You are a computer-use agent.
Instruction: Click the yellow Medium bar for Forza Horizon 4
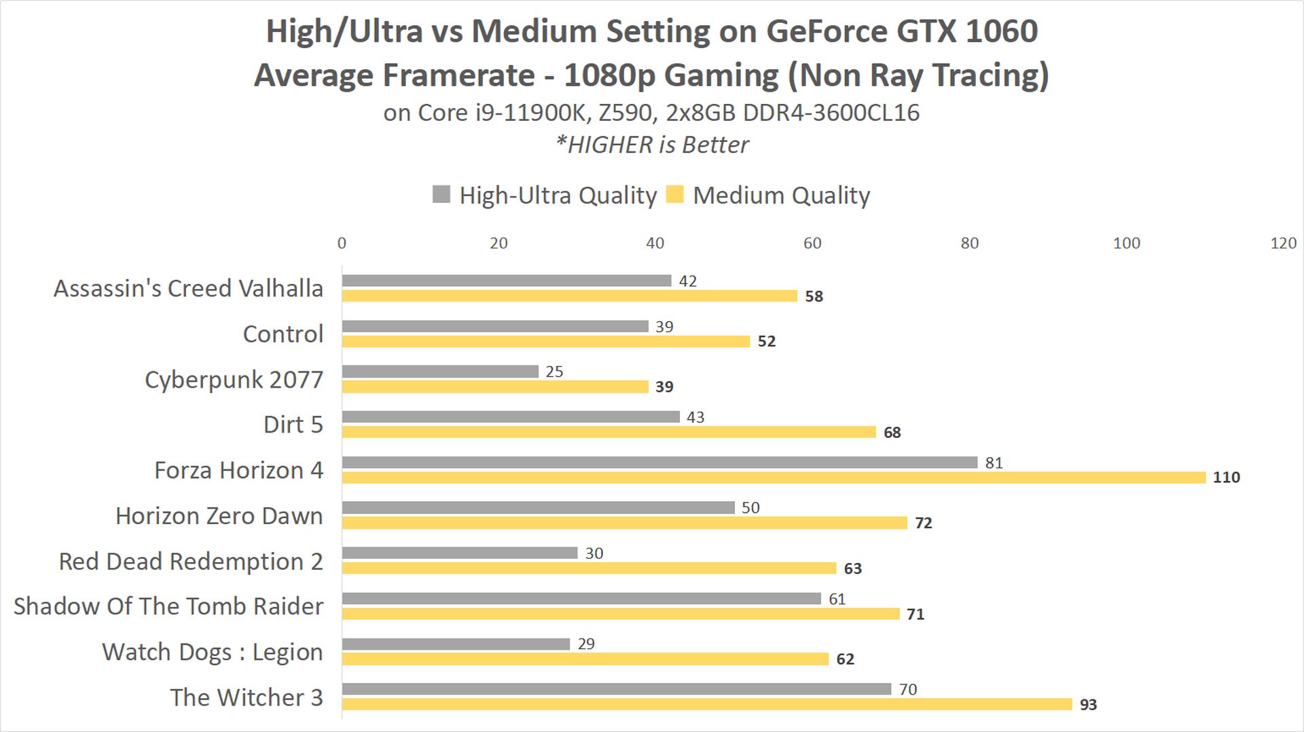pos(774,478)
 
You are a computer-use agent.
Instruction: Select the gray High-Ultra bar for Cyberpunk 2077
pos(440,371)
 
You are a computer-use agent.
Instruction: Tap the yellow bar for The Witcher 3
pos(706,704)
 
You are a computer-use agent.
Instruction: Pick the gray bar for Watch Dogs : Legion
pos(456,644)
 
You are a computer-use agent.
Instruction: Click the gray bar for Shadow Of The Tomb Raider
pos(581,598)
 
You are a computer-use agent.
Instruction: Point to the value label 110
pos(1226,477)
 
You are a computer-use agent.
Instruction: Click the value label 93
pos(1088,705)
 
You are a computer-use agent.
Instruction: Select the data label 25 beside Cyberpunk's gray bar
pos(554,371)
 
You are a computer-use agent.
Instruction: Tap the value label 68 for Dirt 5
pos(892,433)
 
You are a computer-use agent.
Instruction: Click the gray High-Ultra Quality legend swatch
pos(441,194)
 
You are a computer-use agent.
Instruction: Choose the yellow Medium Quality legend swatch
pos(674,194)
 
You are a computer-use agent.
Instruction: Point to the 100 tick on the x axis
pos(1126,243)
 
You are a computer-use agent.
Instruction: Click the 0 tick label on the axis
pos(342,243)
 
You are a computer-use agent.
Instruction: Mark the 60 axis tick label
pos(812,243)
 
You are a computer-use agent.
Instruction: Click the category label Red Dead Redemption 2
pos(191,562)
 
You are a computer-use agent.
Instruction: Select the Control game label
pos(283,334)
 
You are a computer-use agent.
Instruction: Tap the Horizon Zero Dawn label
pos(219,516)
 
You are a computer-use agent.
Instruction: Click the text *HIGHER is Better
pos(652,145)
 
